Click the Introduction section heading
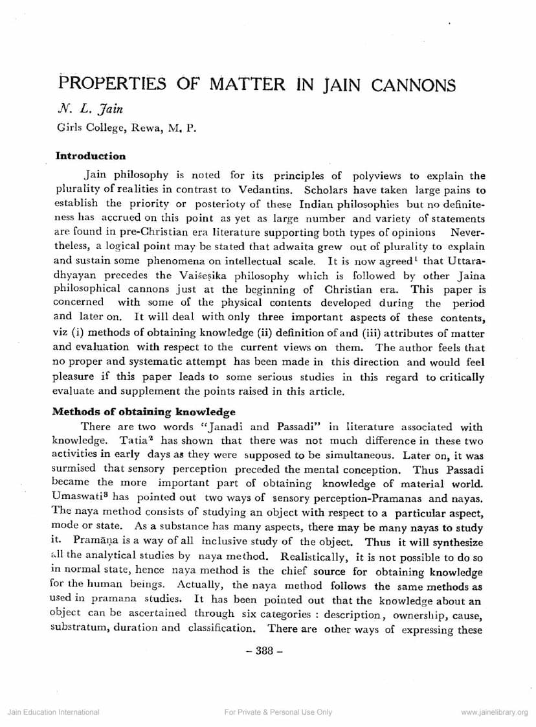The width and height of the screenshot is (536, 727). point(90,156)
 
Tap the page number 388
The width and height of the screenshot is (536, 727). point(267,652)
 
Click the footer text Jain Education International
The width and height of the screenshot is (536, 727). point(53,712)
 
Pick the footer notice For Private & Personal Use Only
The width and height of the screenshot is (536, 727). point(278,712)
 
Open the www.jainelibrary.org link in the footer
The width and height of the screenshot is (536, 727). point(495,712)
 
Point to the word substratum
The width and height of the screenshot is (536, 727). point(76,627)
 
